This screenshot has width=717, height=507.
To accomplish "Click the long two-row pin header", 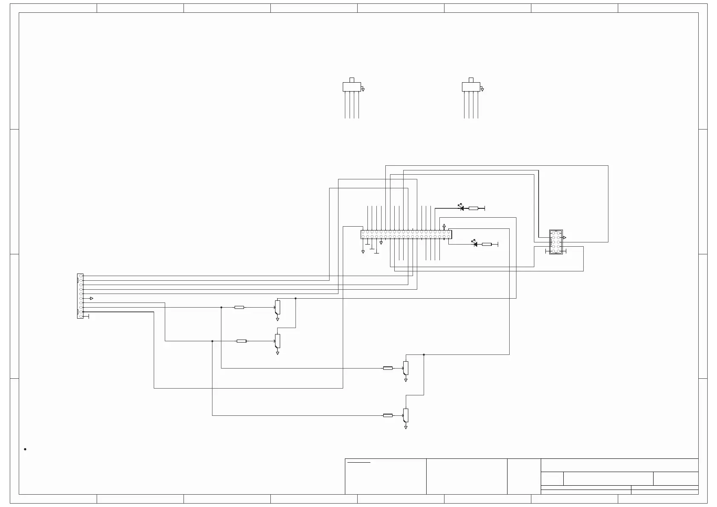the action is tap(406, 234).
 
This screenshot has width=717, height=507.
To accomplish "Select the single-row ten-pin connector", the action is tap(80, 296).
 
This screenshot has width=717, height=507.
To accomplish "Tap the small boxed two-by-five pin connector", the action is tap(556, 242).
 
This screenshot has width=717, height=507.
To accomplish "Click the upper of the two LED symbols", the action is tap(461, 208).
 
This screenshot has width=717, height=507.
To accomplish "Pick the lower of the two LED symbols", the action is tap(474, 244).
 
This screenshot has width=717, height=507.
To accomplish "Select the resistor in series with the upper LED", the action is tap(473, 208).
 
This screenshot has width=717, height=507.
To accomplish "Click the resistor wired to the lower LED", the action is tap(486, 244).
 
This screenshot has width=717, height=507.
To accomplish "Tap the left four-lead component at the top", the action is tap(351, 87).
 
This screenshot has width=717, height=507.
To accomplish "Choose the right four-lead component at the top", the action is tap(470, 87).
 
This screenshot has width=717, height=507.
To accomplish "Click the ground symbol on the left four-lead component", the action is tap(363, 89).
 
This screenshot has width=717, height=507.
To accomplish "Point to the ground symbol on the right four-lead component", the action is tap(482, 89).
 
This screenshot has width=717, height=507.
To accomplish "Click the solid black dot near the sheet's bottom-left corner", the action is tap(26, 449).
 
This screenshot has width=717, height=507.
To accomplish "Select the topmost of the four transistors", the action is tap(278, 307).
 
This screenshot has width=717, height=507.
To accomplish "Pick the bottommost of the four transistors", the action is tap(406, 415).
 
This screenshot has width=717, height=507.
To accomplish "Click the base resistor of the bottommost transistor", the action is tap(387, 415).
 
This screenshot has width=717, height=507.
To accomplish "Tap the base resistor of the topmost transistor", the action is tap(239, 307).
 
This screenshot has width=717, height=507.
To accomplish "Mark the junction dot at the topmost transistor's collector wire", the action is tap(295, 299).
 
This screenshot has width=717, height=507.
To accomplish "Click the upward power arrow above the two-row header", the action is tap(444, 226).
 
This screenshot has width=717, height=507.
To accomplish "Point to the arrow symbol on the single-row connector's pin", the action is tap(91, 298).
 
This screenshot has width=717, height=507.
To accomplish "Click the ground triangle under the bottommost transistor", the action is tap(406, 427).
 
